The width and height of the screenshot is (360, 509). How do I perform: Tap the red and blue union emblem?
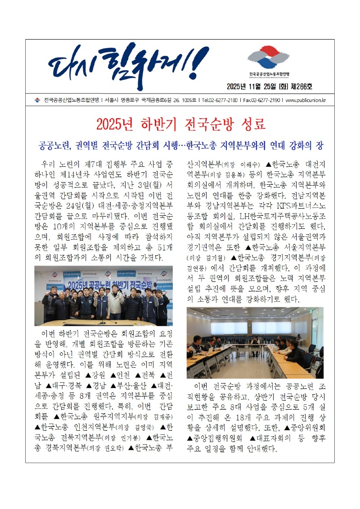click(x=269, y=58)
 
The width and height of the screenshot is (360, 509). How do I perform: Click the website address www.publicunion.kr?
click(x=306, y=100)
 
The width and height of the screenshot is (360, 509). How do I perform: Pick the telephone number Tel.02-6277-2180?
click(x=219, y=100)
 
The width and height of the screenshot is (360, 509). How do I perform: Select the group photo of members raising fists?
click(x=103, y=295)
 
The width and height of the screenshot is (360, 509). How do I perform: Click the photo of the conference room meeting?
click(x=255, y=343)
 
